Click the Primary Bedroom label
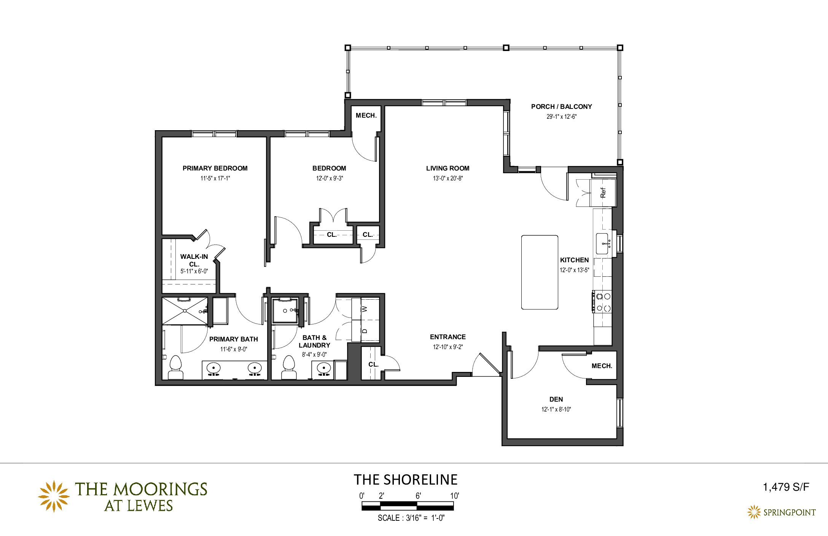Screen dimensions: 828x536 point(215,168)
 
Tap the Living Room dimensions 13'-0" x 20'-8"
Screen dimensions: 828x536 point(448,178)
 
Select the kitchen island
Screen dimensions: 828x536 point(540,272)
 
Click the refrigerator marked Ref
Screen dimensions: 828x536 point(603,193)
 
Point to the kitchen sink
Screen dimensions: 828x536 point(602,244)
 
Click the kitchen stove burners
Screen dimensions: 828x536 point(603,302)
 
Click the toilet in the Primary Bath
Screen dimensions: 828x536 point(175,367)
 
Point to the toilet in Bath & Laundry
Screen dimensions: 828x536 point(289,367)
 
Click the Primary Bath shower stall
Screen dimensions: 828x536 point(185,311)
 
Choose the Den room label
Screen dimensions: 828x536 point(556,399)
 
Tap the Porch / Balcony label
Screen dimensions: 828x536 point(562,107)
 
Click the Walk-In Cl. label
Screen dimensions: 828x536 point(194,260)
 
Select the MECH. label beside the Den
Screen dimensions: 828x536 point(602,366)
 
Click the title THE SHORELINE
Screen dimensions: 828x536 point(406,480)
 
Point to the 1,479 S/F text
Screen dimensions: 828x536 point(786,487)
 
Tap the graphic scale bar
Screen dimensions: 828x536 point(408,506)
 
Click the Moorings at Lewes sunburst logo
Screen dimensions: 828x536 point(54,496)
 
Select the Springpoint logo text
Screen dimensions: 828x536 point(790,512)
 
